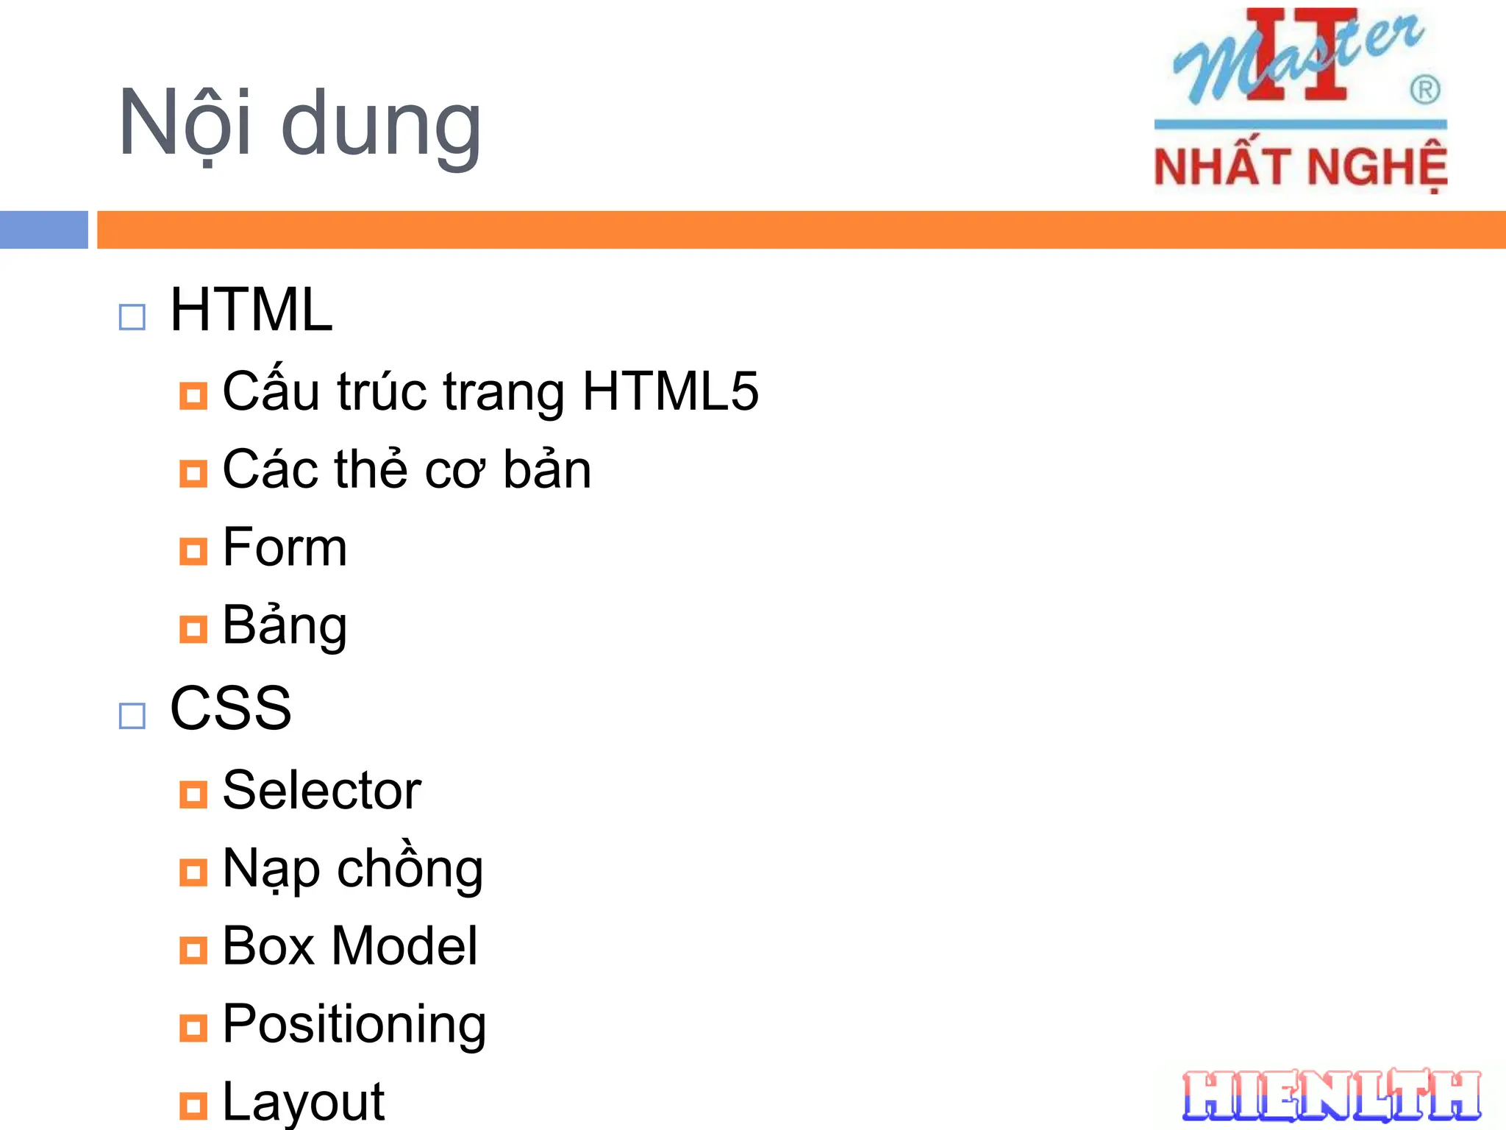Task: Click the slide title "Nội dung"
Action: [x=299, y=124]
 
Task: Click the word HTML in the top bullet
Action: [x=251, y=310]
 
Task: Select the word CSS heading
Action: [x=230, y=708]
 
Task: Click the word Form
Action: [x=285, y=547]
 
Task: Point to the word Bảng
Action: [x=285, y=625]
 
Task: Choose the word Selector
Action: [x=321, y=791]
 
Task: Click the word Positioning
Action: [x=354, y=1024]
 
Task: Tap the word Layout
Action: [x=303, y=1102]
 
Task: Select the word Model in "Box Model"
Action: [x=404, y=946]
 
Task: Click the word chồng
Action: [x=410, y=868]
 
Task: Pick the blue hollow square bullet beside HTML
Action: [x=132, y=318]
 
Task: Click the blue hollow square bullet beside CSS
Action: [x=132, y=716]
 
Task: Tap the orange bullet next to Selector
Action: [x=193, y=795]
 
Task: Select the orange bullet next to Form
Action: [x=193, y=551]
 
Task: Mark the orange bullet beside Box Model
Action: [x=193, y=950]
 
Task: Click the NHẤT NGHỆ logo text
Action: [x=1300, y=167]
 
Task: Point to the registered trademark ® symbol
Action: [x=1424, y=90]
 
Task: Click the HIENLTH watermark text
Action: [x=1331, y=1097]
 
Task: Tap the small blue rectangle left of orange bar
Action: [x=44, y=230]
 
